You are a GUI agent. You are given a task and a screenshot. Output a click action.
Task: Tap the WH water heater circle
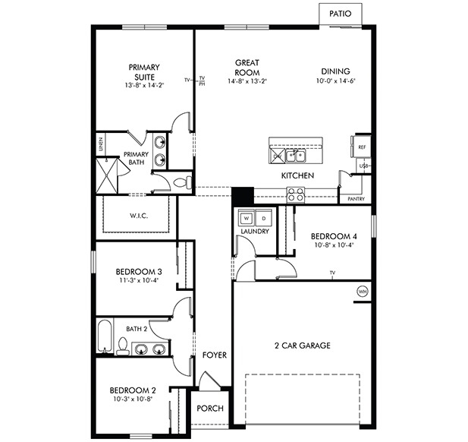[362, 291]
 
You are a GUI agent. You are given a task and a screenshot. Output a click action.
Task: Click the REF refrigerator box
[362, 147]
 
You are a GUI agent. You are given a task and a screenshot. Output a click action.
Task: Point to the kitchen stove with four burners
[295, 195]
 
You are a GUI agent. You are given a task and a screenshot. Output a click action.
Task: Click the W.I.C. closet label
[138, 216]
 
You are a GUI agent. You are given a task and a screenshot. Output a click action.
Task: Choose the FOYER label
[214, 355]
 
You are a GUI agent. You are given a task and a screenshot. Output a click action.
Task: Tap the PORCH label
[210, 409]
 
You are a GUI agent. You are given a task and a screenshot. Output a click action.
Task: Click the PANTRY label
[356, 199]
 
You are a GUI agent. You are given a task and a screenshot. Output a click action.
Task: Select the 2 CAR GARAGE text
[302, 346]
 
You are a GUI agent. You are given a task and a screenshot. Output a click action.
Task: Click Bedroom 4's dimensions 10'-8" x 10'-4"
[333, 245]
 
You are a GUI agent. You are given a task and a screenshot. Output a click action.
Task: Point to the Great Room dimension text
[247, 81]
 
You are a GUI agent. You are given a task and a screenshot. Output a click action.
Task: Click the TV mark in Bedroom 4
[332, 272]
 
